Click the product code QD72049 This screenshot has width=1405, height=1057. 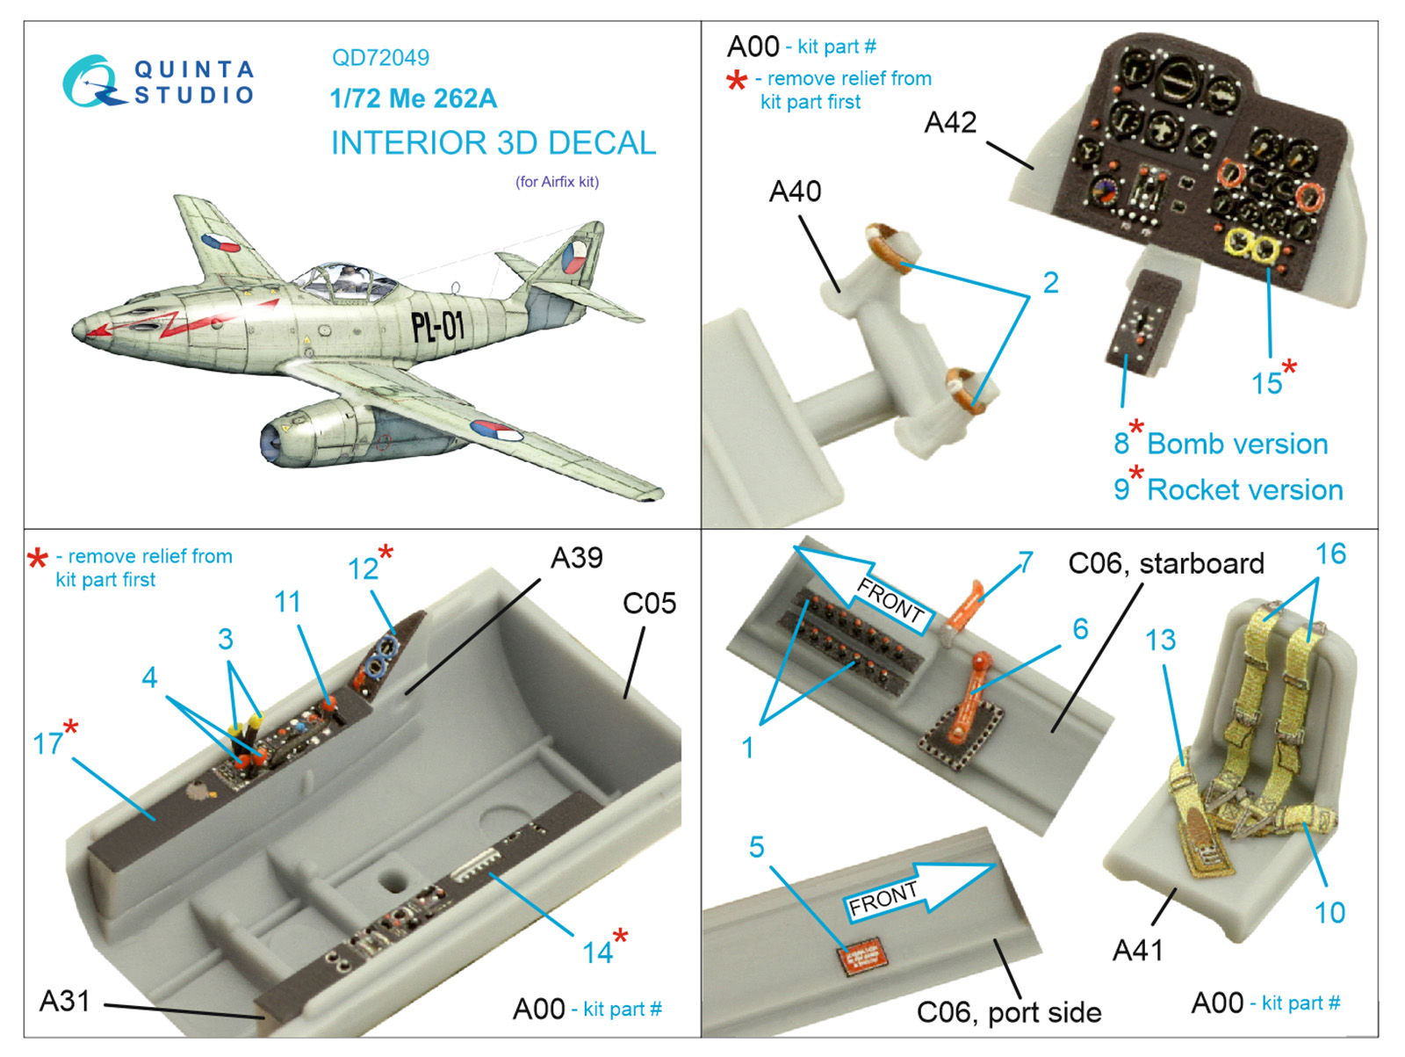click(x=380, y=58)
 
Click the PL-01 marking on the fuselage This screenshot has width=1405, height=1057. click(x=437, y=327)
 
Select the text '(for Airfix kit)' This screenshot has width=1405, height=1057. click(x=557, y=182)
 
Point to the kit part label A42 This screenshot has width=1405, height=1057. click(x=950, y=122)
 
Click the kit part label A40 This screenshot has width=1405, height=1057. click(x=795, y=191)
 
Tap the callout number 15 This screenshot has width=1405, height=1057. click(x=1266, y=383)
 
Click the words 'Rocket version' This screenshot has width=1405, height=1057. click(x=1244, y=489)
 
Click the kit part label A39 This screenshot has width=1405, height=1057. click(x=576, y=558)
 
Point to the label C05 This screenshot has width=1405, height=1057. click(x=649, y=604)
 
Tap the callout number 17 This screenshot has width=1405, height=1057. click(x=47, y=743)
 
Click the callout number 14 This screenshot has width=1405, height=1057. click(x=597, y=952)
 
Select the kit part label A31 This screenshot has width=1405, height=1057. click(x=64, y=1001)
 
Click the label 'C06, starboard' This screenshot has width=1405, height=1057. click(x=1165, y=563)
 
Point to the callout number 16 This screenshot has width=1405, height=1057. click(x=1329, y=554)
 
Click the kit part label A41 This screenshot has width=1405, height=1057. click(x=1137, y=950)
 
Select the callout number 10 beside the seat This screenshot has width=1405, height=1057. click(x=1329, y=912)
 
